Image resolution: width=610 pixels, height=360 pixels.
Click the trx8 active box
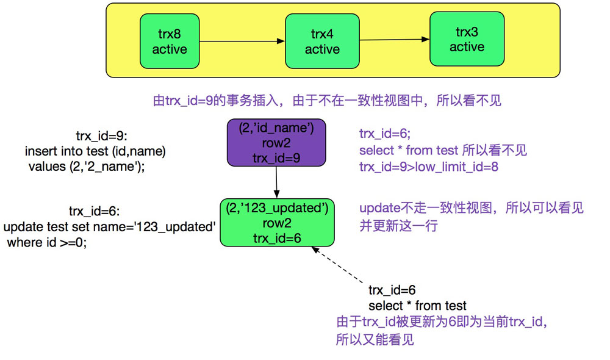(170, 41)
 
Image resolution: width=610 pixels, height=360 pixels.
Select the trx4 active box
(322, 41)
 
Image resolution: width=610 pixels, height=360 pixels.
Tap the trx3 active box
(467, 39)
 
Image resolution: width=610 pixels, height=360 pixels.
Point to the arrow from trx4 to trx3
(393, 40)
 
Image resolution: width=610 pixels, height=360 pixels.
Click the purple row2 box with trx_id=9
(276, 143)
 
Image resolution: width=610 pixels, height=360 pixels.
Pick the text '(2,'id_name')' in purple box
(276, 128)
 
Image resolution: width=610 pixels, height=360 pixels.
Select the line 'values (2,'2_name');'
(87, 167)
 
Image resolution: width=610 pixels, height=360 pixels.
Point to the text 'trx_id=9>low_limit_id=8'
(428, 167)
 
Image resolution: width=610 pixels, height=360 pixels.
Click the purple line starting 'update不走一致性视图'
(471, 209)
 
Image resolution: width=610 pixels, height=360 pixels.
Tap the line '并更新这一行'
(398, 226)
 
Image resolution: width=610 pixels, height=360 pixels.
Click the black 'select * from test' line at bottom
(417, 306)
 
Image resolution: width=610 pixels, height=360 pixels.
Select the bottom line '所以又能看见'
(375, 339)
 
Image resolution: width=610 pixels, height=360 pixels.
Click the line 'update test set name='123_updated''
(110, 227)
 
